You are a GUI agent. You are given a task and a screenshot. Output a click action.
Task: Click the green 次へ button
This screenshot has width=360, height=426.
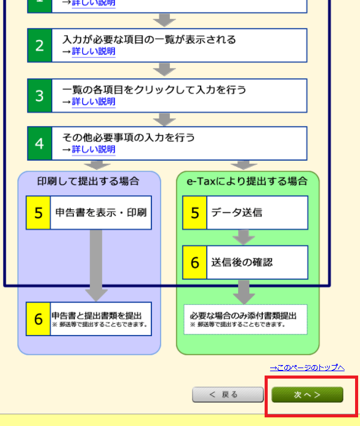pyautogui.click(x=307, y=395)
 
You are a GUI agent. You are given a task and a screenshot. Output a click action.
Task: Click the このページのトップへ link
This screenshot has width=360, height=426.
pyautogui.click(x=307, y=368)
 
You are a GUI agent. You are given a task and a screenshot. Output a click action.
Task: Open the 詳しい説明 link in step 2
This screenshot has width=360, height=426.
pyautogui.click(x=94, y=51)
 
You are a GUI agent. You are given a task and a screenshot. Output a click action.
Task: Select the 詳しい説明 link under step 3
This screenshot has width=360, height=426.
pyautogui.click(x=94, y=102)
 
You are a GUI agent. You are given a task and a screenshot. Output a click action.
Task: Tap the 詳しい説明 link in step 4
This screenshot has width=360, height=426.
pyautogui.click(x=94, y=149)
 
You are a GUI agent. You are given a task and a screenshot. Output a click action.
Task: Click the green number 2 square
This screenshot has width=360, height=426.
pyautogui.click(x=39, y=46)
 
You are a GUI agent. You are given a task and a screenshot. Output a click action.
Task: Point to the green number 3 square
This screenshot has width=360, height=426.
pyautogui.click(x=39, y=95)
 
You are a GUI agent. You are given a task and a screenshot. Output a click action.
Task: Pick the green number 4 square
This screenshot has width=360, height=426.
pyautogui.click(x=39, y=143)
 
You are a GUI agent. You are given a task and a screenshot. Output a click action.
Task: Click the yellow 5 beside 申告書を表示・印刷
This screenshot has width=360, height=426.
pyautogui.click(x=38, y=212)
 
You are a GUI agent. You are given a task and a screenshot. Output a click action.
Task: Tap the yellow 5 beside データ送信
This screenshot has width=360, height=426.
pyautogui.click(x=194, y=212)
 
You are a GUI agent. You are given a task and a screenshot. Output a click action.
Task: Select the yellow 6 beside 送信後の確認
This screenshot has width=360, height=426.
pyautogui.click(x=194, y=262)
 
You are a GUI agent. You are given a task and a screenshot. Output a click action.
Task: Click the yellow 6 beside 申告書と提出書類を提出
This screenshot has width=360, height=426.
pyautogui.click(x=38, y=319)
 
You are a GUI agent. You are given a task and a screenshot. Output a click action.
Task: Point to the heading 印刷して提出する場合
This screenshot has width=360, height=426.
pyautogui.click(x=88, y=181)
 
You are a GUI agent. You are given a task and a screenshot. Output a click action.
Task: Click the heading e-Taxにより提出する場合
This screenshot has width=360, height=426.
pyautogui.click(x=247, y=181)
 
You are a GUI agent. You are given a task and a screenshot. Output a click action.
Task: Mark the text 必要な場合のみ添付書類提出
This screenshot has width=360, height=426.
pyautogui.click(x=243, y=316)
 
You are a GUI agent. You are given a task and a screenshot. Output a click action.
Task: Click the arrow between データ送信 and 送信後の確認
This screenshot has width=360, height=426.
pyautogui.click(x=244, y=237)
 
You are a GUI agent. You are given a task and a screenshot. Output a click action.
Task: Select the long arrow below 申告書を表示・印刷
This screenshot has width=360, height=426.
pyautogui.click(x=96, y=265)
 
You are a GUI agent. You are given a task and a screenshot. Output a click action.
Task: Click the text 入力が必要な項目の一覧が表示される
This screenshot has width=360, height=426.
pyautogui.click(x=149, y=39)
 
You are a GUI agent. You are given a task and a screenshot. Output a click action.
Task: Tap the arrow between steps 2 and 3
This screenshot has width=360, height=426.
pyautogui.click(x=164, y=70)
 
